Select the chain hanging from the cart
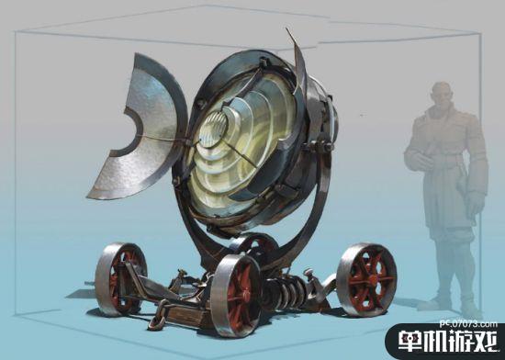tap(160, 314)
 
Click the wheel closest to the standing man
tap(366, 279)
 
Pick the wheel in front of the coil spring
tap(236, 295)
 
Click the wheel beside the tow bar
tap(120, 277)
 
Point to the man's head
tap(442, 96)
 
